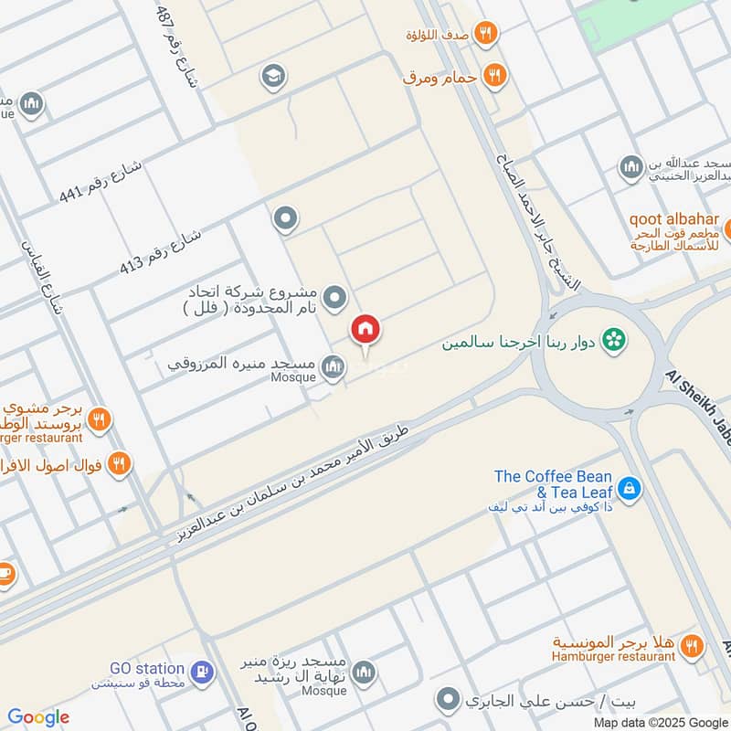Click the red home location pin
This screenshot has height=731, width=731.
(365, 330)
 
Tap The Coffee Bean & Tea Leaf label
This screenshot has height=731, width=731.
(553, 484)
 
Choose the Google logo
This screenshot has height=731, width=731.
(38, 717)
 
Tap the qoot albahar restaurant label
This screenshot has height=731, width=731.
(674, 220)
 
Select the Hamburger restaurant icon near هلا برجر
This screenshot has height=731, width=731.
(693, 647)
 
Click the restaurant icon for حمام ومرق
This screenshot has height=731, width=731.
(494, 76)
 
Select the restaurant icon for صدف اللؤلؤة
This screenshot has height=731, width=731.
(486, 33)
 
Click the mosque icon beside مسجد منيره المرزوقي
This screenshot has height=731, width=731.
(334, 366)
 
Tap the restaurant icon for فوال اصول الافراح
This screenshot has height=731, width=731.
(118, 463)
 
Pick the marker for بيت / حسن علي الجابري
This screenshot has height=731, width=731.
(448, 702)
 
